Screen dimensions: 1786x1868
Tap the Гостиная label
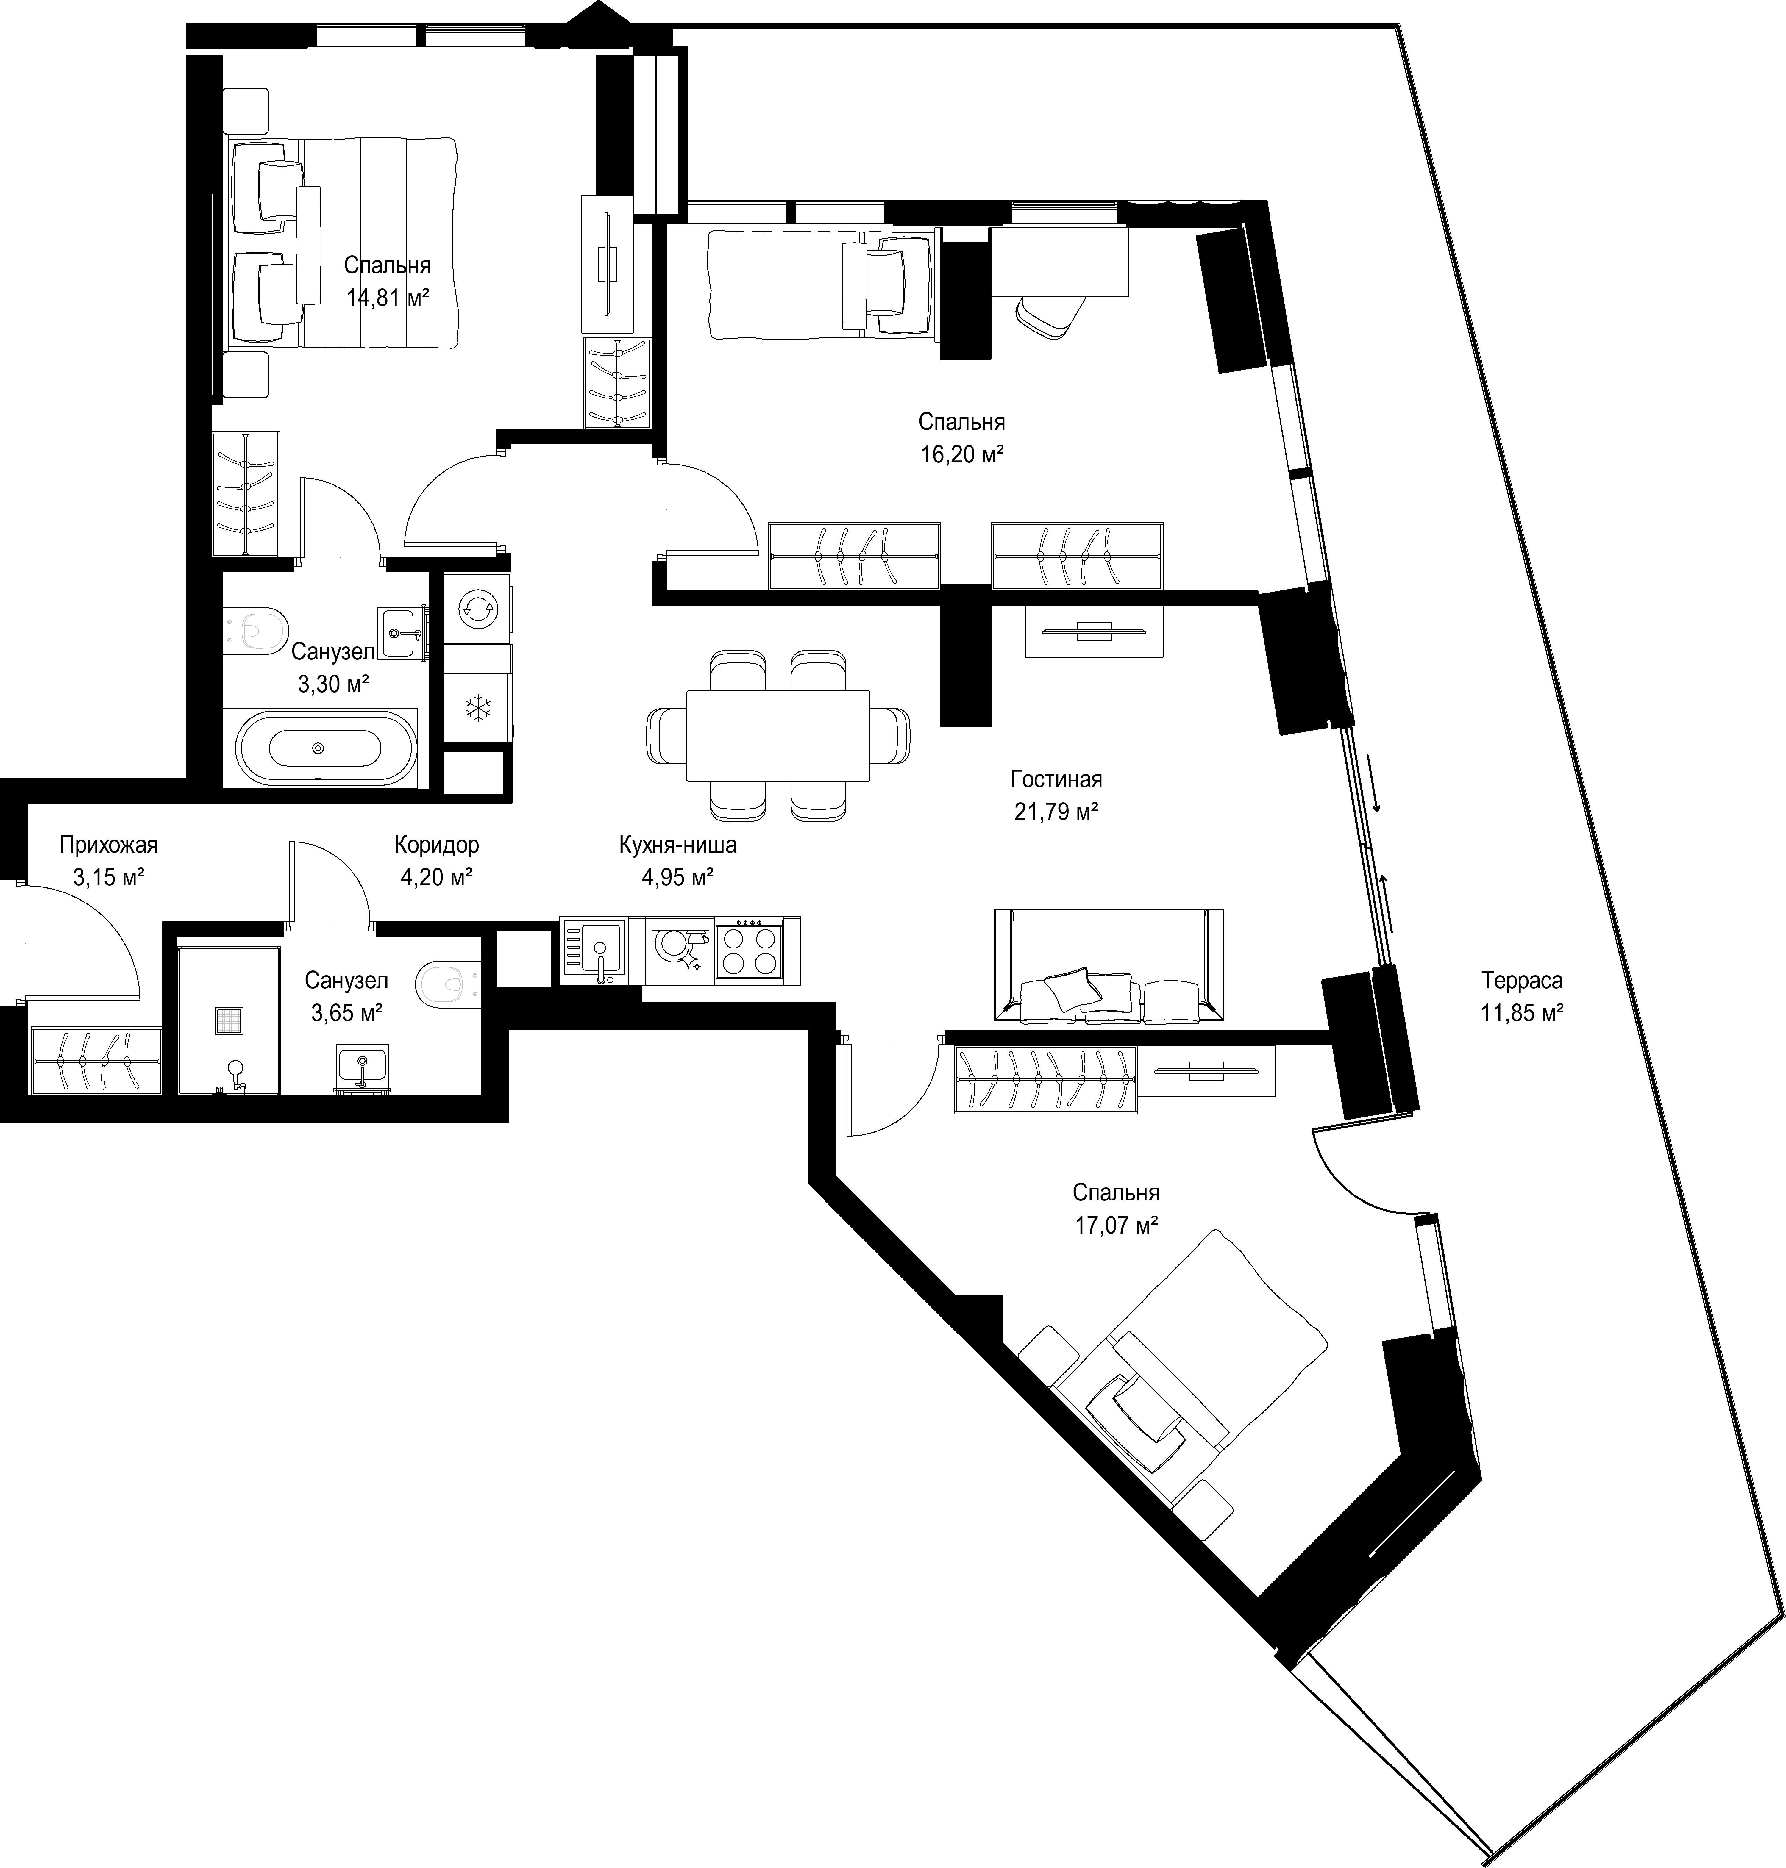pos(1056,779)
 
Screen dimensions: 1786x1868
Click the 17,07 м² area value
pos(1116,1226)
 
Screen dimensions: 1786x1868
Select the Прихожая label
pos(109,844)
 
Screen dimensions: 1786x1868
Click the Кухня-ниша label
pos(678,844)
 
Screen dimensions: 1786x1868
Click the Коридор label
pos(437,844)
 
